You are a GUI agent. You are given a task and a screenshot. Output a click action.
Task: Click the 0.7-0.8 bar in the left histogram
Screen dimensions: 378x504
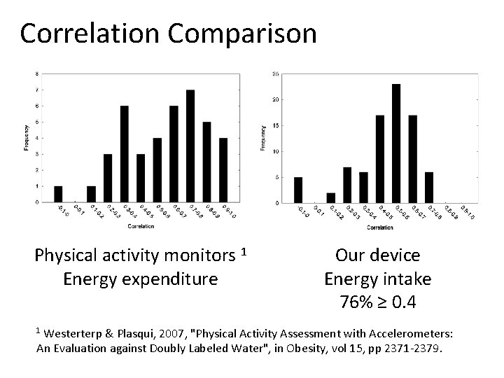coord(190,146)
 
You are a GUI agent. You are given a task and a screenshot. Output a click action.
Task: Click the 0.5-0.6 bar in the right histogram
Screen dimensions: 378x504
coord(396,143)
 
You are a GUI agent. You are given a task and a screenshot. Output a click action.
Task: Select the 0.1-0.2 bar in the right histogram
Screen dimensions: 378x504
coord(331,197)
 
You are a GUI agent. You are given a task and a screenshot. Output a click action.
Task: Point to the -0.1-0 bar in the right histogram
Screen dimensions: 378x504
coord(299,190)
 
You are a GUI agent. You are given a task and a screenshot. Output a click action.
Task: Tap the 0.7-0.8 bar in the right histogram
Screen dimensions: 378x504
coord(429,187)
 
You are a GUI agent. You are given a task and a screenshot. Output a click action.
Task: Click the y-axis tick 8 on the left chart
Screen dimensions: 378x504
coord(36,73)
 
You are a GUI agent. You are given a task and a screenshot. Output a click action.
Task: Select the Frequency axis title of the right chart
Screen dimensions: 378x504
coord(264,138)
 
